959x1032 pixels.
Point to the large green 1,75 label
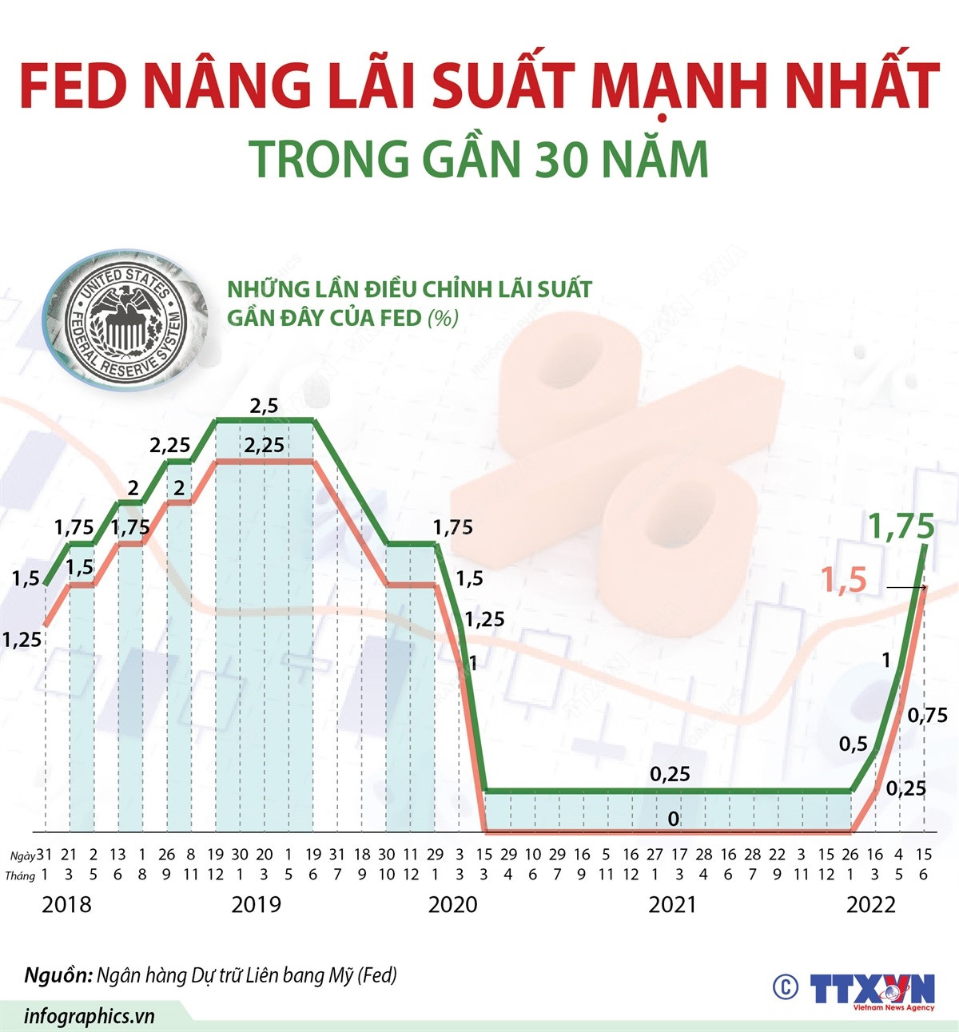pos(901,527)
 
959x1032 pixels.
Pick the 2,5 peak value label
pos(264,406)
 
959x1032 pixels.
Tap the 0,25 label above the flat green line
pos(670,773)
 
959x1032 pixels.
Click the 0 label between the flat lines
pos(673,819)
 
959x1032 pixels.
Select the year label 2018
pos(66,904)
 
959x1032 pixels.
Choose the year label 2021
pos(672,904)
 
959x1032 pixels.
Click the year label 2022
pos(871,904)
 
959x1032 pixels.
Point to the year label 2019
pos(256,904)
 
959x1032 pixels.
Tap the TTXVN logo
pos(873,990)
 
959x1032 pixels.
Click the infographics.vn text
pos(89,1016)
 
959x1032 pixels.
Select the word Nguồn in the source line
pos(56,975)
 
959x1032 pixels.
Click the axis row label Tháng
pos(20,875)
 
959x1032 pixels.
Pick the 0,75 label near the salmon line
pos(928,715)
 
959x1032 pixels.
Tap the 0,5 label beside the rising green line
pos(853,744)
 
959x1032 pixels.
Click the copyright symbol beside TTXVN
pos(786,987)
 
